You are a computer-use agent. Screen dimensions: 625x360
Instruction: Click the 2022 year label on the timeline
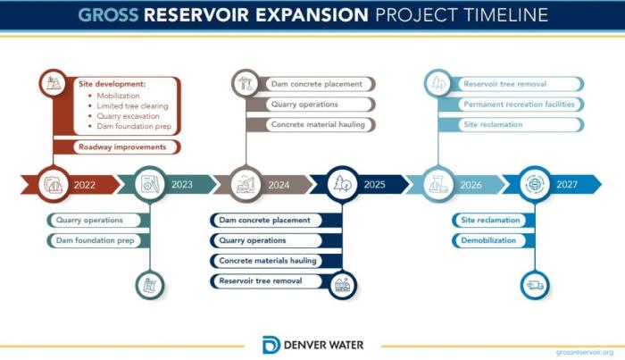(85, 185)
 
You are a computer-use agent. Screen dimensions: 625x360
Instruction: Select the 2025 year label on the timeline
(374, 184)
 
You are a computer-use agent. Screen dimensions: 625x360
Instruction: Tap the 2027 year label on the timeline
(567, 184)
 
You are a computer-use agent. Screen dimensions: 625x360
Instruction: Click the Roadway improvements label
(122, 147)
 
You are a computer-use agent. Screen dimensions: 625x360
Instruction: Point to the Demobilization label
(488, 240)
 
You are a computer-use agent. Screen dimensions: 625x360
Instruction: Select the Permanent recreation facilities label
(519, 104)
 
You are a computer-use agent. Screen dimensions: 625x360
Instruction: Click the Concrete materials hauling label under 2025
(268, 261)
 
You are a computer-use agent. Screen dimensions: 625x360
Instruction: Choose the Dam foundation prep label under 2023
(95, 240)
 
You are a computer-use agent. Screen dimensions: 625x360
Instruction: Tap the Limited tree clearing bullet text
(132, 106)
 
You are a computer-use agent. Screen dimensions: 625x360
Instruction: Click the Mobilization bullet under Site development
(118, 96)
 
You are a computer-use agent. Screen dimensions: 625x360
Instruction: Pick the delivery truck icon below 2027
(535, 285)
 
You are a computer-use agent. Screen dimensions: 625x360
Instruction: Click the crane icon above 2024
(246, 83)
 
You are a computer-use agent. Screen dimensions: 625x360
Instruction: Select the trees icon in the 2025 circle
(342, 184)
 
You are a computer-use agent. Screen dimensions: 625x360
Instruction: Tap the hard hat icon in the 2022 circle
(53, 185)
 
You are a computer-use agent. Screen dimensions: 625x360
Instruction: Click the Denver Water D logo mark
(271, 345)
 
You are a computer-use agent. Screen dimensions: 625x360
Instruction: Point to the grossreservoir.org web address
(585, 352)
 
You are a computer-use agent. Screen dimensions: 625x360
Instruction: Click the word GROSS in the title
(108, 15)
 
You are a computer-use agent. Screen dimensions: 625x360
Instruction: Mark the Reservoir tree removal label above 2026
(504, 84)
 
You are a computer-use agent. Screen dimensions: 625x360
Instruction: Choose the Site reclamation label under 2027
(490, 220)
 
